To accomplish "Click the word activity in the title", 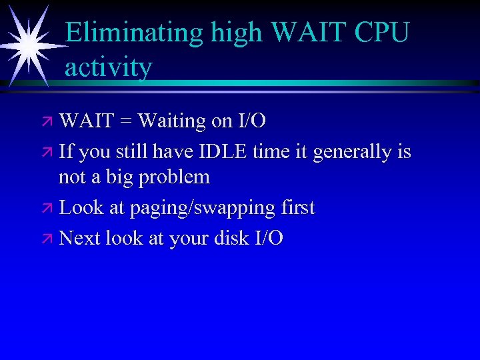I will (109, 67).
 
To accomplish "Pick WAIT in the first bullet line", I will (86, 121).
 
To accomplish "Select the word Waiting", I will (175, 121).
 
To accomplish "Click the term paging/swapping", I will (205, 209).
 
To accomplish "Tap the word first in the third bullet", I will (297, 207).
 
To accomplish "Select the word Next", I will (81, 238).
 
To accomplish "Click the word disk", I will (229, 238).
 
